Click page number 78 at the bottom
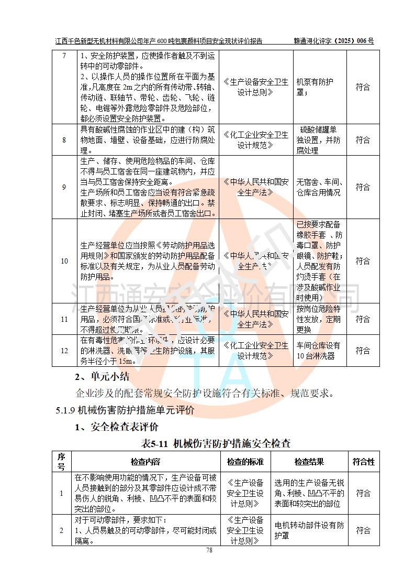(x=209, y=550)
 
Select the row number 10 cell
(x=64, y=261)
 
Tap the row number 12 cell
(x=64, y=351)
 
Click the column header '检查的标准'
(x=245, y=462)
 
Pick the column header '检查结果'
(x=309, y=462)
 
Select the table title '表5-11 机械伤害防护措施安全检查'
(x=216, y=443)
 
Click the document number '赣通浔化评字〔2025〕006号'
(x=333, y=41)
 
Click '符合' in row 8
(x=363, y=140)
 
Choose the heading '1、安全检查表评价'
(x=116, y=427)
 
